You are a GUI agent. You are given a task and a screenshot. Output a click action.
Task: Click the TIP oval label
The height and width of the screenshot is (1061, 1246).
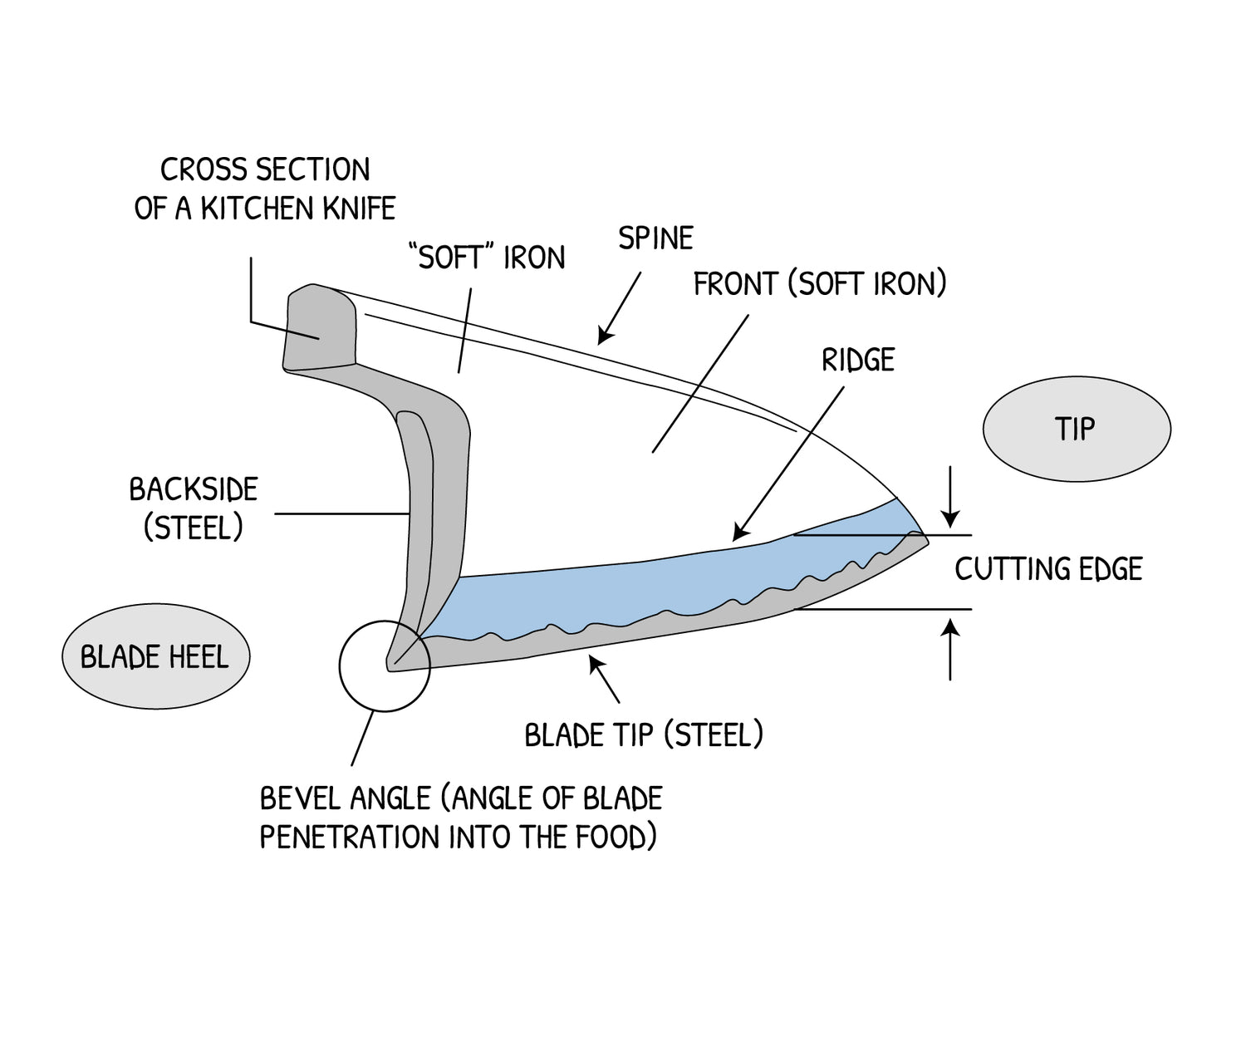point(1076,430)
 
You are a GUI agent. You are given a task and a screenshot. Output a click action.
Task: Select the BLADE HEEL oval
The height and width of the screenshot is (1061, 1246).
point(155,657)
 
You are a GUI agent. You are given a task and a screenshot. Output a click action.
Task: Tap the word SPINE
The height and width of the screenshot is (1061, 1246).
point(655,238)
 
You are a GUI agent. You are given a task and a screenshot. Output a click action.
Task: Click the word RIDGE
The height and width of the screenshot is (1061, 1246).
point(858,360)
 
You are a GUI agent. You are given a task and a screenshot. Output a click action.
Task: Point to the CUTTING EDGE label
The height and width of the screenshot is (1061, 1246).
point(1048,569)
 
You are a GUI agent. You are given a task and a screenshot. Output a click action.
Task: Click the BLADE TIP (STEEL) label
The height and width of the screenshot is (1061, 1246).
point(644,734)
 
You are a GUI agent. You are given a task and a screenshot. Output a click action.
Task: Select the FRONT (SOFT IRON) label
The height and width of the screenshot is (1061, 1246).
point(820,284)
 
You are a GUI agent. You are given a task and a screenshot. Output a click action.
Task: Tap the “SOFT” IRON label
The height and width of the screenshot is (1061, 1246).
point(488,258)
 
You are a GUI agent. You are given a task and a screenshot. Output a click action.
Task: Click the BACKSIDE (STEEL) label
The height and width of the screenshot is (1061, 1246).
point(194,508)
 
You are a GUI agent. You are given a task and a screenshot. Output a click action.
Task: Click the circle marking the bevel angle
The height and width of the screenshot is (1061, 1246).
point(385,666)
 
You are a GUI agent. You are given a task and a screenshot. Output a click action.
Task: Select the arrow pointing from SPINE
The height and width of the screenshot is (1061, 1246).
point(619,307)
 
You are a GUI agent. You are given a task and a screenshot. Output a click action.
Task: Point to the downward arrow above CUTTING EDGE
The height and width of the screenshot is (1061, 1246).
point(951,494)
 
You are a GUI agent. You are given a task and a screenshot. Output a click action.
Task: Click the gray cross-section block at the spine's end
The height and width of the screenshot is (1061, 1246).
point(320,328)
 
